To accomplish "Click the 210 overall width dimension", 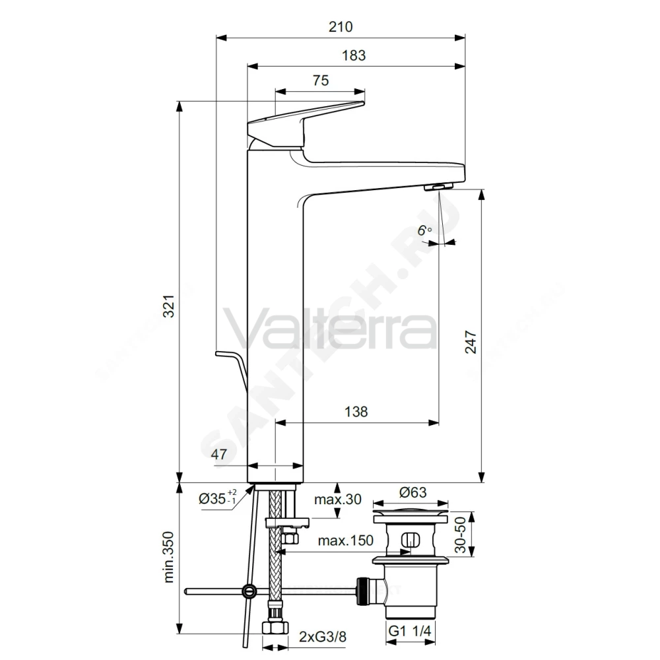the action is (341, 27).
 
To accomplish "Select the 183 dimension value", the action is (354, 55).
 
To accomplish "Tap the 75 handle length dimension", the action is (321, 81).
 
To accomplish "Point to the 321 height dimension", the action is (168, 306).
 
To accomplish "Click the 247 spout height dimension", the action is (471, 342).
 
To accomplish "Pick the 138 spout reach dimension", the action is (356, 411).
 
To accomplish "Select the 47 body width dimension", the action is (219, 454).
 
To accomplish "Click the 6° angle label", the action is (424, 230).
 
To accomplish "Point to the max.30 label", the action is (337, 499).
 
